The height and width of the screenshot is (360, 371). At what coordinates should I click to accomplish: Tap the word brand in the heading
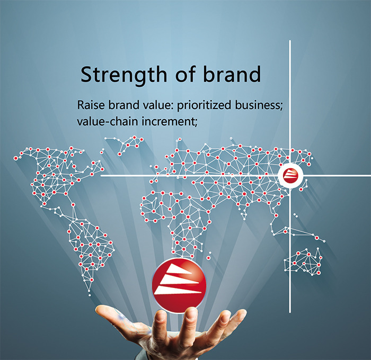click(232, 74)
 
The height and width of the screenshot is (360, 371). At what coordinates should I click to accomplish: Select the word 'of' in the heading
click(185, 74)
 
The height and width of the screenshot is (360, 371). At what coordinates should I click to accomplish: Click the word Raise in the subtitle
click(91, 105)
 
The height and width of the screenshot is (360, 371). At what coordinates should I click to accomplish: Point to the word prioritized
click(204, 105)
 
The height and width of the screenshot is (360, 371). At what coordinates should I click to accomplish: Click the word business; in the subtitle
click(259, 105)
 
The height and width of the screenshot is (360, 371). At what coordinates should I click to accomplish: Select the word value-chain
click(108, 121)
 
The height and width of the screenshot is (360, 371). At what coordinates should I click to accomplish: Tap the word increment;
click(170, 122)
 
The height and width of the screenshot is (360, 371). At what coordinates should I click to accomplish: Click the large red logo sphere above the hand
click(179, 285)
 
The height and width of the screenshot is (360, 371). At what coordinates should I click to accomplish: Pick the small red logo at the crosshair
click(290, 175)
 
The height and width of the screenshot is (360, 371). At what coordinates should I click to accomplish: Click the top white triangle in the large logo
click(179, 269)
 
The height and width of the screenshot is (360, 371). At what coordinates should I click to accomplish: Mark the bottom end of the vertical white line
click(290, 312)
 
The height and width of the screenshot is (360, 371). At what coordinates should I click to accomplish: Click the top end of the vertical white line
click(290, 41)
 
